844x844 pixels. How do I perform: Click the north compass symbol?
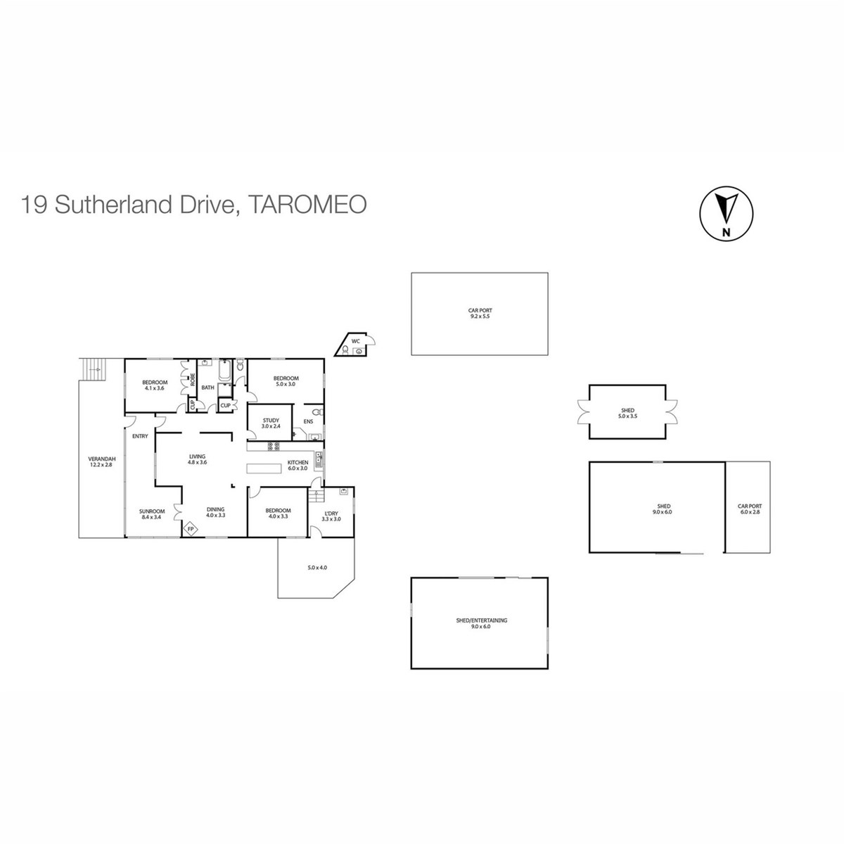[x=726, y=213]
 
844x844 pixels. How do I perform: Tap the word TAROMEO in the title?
[x=307, y=205]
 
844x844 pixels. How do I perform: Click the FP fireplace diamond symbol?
[x=191, y=529]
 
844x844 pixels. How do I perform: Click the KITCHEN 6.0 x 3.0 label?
[x=298, y=465]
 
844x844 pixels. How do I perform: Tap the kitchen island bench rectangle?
[x=264, y=468]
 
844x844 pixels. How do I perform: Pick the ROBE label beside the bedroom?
[x=193, y=379]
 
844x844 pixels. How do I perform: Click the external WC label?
[x=356, y=340]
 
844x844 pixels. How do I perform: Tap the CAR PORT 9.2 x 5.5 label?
[x=480, y=313]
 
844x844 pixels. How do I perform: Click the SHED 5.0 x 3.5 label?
[x=627, y=413]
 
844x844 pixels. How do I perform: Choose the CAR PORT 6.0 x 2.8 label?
[x=749, y=509]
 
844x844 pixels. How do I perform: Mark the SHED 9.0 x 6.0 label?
[x=664, y=509]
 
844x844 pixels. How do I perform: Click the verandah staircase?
[x=93, y=370]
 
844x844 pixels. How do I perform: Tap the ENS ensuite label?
[x=308, y=421]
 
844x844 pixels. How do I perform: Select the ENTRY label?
[x=140, y=436]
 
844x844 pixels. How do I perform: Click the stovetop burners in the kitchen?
[x=274, y=447]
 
